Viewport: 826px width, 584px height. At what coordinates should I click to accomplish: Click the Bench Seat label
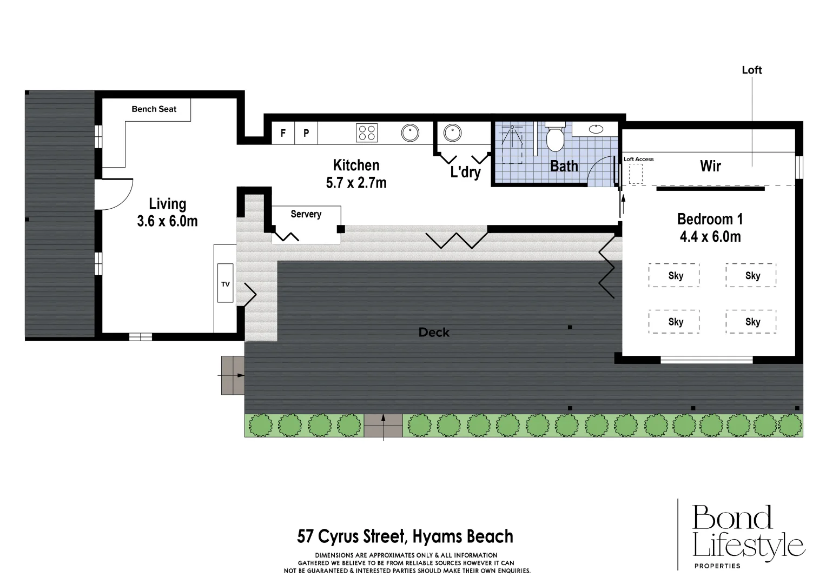[x=154, y=109]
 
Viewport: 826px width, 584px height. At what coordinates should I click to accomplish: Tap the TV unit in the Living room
[x=226, y=283]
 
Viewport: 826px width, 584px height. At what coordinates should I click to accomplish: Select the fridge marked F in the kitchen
[x=283, y=133]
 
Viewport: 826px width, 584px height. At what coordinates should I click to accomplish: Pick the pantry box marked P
[x=306, y=133]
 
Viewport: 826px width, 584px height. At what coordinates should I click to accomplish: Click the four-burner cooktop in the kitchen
[x=367, y=132]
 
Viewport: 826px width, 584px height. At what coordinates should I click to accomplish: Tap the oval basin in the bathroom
[x=596, y=129]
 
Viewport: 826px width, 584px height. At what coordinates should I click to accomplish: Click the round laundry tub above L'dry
[x=452, y=132]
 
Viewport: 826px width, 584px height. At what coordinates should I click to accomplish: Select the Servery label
[x=306, y=214]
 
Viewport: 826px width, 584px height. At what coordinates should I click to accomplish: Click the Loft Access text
[x=639, y=160]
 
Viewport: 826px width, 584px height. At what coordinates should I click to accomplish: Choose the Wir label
[x=710, y=167]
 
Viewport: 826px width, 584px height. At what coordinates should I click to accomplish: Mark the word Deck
[x=434, y=333]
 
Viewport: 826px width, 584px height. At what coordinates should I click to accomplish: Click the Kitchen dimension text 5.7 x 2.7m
[x=356, y=183]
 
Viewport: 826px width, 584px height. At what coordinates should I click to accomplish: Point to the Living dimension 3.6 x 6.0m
[x=167, y=221]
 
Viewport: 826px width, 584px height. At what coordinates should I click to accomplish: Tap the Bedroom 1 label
[x=710, y=220]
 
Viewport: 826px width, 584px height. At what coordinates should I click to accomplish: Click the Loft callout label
[x=752, y=70]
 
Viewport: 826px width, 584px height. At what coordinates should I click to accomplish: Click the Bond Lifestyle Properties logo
[x=749, y=536]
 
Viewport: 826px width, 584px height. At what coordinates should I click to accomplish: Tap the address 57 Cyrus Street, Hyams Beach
[x=405, y=536]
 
